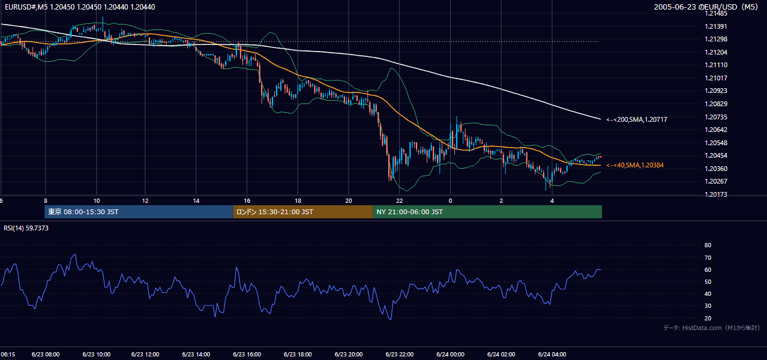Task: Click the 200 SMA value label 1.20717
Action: pyautogui.click(x=637, y=119)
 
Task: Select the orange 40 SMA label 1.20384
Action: pyautogui.click(x=635, y=165)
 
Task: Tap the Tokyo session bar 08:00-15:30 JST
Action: pyautogui.click(x=139, y=212)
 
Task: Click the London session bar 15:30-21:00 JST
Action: pyautogui.click(x=303, y=212)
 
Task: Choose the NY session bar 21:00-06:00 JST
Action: pyautogui.click(x=487, y=212)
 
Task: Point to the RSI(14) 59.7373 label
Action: pyautogui.click(x=26, y=228)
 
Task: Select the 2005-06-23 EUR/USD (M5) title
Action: pyautogui.click(x=706, y=7)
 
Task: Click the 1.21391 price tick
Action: pyautogui.click(x=715, y=26)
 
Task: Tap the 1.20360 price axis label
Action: pyautogui.click(x=715, y=169)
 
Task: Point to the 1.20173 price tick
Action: pyautogui.click(x=715, y=194)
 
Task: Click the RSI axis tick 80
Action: pyautogui.click(x=708, y=245)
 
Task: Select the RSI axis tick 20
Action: pyautogui.click(x=708, y=318)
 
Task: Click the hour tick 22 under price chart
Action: pyautogui.click(x=399, y=201)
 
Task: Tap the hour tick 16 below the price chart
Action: pyautogui.click(x=247, y=201)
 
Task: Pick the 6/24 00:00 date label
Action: pyautogui.click(x=450, y=354)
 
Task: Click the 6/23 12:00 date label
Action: pyautogui.click(x=145, y=354)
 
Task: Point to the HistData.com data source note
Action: pyautogui.click(x=712, y=328)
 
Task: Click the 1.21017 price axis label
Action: pyautogui.click(x=715, y=78)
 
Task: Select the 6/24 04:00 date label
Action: pyautogui.click(x=552, y=354)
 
